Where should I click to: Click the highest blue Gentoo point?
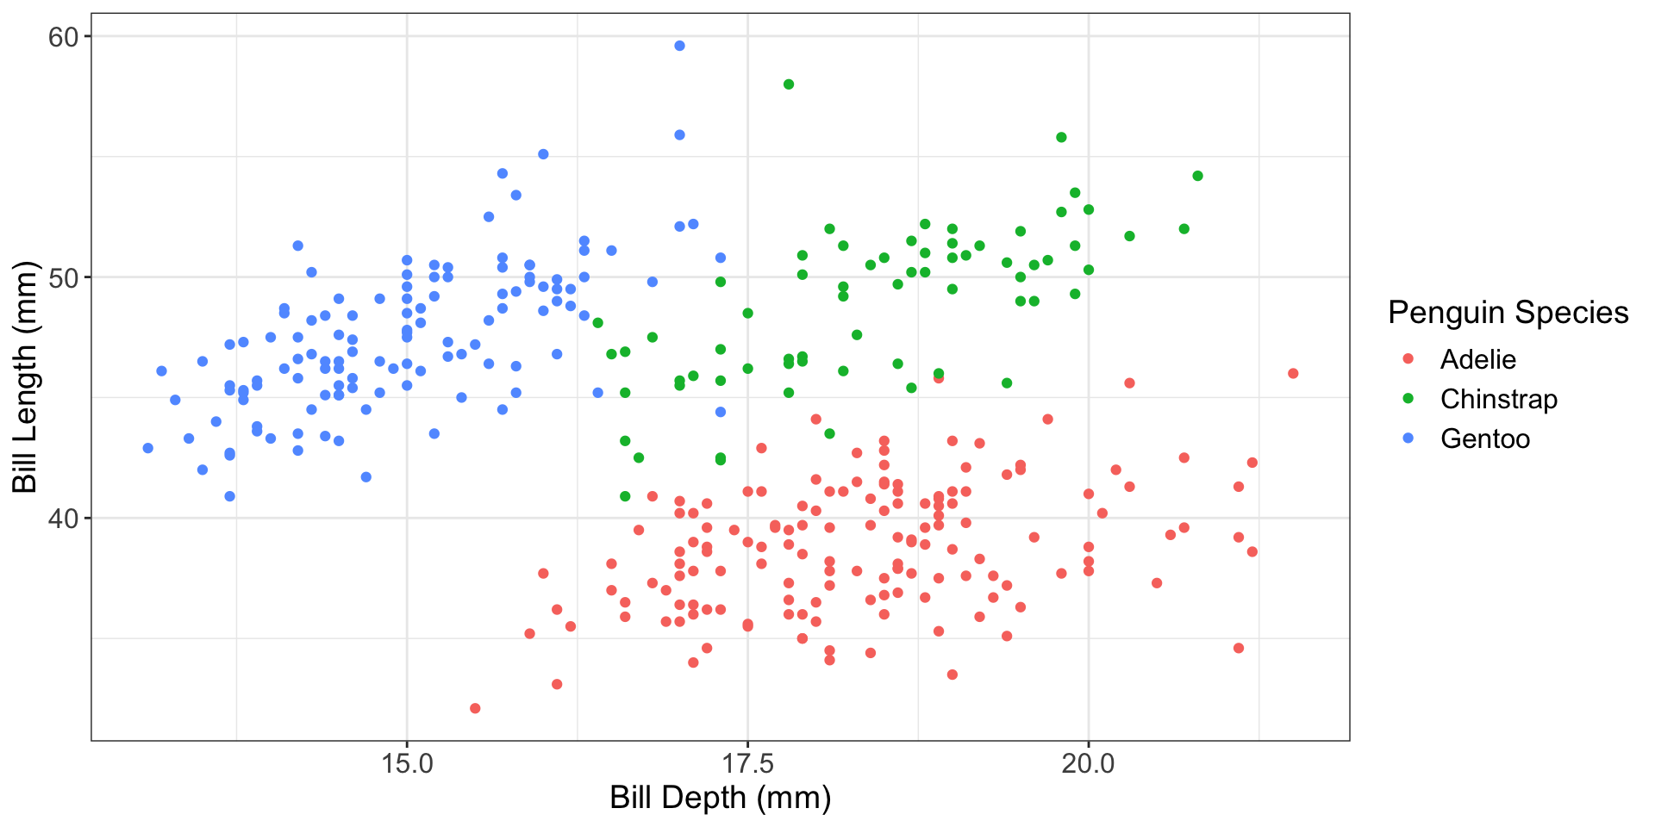click(679, 46)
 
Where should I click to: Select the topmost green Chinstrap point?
click(788, 84)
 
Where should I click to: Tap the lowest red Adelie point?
click(475, 708)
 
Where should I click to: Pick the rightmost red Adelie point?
click(1293, 374)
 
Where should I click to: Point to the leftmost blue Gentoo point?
click(148, 448)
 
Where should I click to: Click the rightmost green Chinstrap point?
click(1197, 176)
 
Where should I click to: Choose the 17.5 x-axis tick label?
click(747, 762)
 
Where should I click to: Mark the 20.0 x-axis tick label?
click(1088, 762)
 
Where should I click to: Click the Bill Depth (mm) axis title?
click(720, 798)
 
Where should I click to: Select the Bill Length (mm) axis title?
click(26, 376)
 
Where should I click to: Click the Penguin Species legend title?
click(1508, 312)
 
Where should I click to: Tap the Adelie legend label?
click(1477, 359)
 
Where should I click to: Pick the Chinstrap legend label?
click(1498, 399)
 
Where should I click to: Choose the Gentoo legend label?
click(1484, 438)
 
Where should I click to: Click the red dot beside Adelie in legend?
click(1408, 359)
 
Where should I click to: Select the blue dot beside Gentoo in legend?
click(1408, 438)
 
